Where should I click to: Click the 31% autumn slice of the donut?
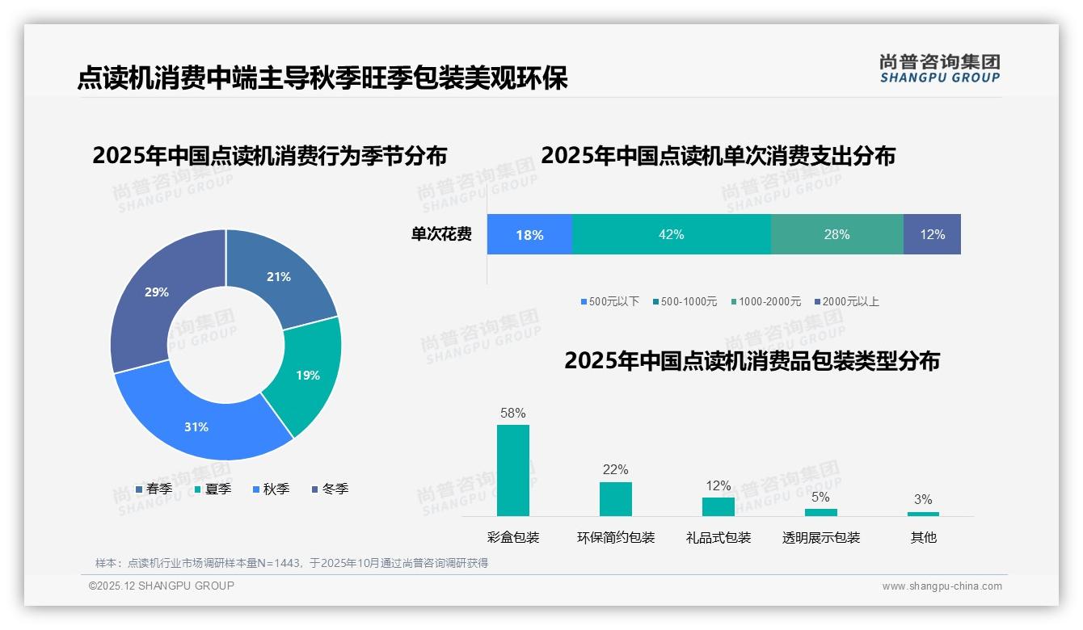pos(196,426)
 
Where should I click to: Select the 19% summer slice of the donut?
pos(307,375)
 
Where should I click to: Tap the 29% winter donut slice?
pos(157,292)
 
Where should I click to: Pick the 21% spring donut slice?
pos(279,277)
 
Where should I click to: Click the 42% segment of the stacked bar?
pos(671,234)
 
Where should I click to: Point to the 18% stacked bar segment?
pos(529,235)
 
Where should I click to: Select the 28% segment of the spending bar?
pos(836,234)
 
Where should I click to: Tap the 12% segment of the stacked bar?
pos(932,234)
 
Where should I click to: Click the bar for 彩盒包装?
pos(513,470)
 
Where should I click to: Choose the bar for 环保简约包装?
pos(616,498)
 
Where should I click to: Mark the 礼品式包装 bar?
pos(718,506)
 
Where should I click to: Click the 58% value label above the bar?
pos(513,413)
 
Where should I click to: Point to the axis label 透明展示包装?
pos(821,537)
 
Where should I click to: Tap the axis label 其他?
pos(924,537)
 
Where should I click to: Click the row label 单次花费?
pos(441,234)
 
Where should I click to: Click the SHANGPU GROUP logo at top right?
pos(940,69)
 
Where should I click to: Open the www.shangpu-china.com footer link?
pos(942,586)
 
